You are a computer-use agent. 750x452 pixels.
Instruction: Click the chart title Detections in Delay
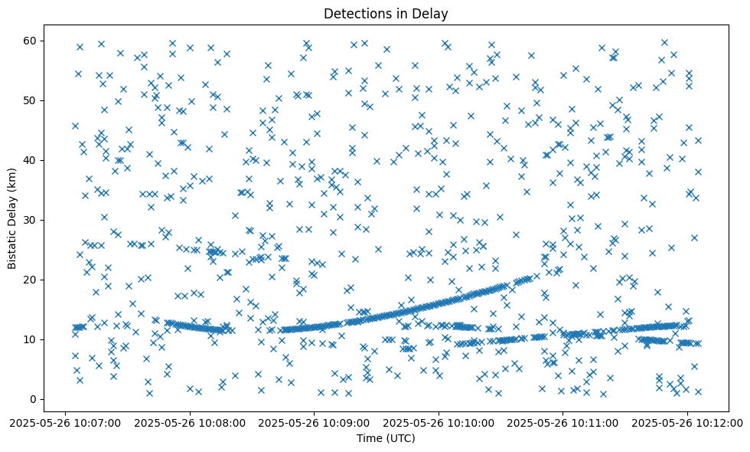386,14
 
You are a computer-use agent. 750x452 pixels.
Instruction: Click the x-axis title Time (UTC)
386,438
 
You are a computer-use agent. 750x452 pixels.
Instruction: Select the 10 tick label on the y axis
31,339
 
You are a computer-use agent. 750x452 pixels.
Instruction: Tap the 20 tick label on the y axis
31,280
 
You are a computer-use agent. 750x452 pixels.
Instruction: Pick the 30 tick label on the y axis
31,220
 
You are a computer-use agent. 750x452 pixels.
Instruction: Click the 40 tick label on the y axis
31,160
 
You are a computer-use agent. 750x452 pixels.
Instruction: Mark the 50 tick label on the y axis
31,100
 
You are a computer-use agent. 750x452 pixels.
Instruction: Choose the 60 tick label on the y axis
31,41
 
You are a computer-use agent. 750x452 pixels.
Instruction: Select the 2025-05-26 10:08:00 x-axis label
190,422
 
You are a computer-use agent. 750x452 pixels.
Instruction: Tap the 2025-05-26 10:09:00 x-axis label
315,422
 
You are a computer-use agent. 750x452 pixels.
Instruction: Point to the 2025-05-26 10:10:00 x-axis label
439,422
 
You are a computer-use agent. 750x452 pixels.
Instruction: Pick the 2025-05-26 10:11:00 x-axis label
564,422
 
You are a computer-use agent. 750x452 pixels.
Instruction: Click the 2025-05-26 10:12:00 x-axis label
688,422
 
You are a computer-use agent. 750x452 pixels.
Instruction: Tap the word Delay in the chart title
432,14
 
